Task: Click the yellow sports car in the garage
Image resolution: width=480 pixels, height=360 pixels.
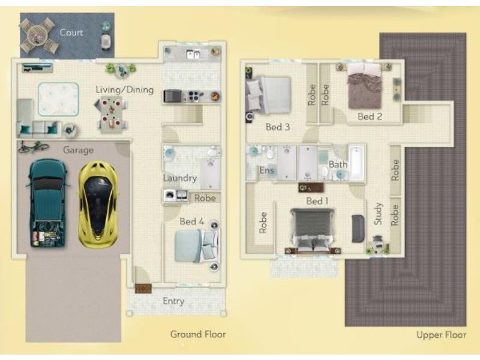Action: (x=98, y=204)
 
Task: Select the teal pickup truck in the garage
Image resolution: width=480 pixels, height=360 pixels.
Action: (x=48, y=203)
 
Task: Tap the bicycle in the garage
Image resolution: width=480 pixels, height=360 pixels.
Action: (x=33, y=146)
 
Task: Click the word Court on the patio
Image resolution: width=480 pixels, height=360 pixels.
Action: (x=71, y=32)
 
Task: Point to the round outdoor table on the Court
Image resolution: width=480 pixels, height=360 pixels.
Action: (x=39, y=36)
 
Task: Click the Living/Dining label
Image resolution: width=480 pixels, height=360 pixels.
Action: (x=125, y=89)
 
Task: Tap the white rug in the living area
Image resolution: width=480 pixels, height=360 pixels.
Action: (x=58, y=99)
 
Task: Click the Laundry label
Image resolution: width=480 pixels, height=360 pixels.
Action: (x=179, y=178)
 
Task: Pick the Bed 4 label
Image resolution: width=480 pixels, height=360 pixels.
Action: (x=191, y=221)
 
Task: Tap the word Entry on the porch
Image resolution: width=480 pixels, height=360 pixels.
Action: (x=173, y=301)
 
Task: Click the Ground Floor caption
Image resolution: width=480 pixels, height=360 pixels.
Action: (x=198, y=334)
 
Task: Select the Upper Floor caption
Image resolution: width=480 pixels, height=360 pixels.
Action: (x=442, y=335)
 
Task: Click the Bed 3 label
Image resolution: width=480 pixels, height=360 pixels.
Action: (x=278, y=127)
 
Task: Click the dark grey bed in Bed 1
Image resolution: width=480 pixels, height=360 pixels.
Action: (x=313, y=230)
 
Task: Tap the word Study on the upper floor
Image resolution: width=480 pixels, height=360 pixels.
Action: (x=379, y=214)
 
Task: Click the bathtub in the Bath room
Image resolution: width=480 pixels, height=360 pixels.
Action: (x=357, y=162)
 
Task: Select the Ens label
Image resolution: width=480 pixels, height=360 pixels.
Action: (x=267, y=170)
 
